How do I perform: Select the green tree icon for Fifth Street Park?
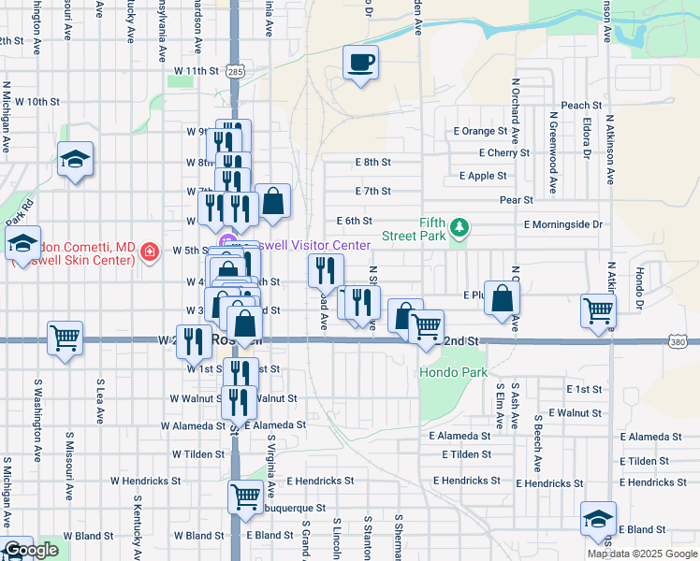(459, 227)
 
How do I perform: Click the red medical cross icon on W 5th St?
(148, 251)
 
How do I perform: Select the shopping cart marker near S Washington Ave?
(65, 338)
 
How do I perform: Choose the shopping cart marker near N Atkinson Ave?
(599, 311)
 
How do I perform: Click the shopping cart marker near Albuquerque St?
(246, 497)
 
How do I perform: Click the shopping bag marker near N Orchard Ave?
(503, 297)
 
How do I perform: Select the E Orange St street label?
(479, 131)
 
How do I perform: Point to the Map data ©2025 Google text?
(642, 554)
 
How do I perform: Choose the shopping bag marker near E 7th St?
(272, 200)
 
